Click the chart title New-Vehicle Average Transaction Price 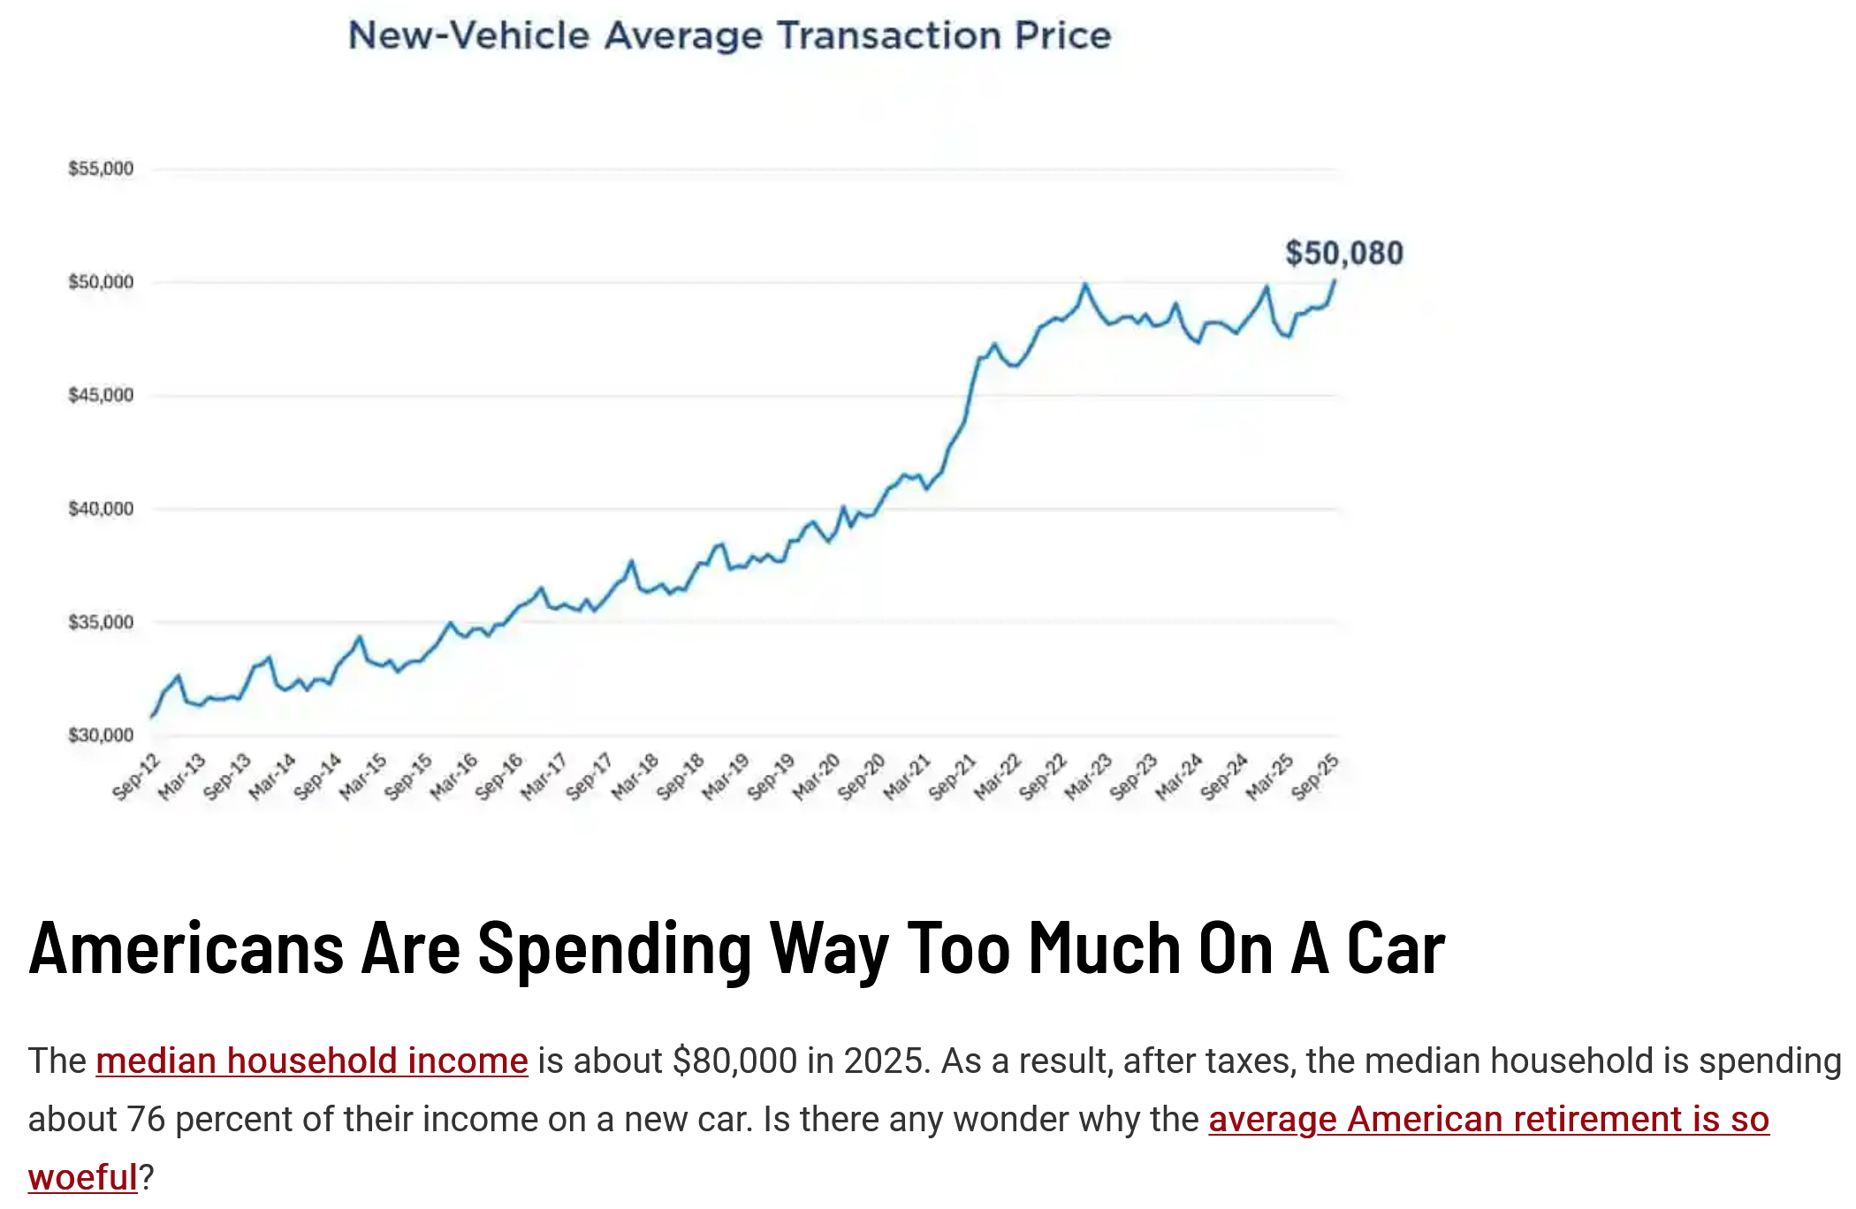click(x=729, y=35)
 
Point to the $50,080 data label click(x=1343, y=254)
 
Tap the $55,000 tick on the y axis click(x=101, y=169)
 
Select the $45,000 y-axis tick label click(x=101, y=395)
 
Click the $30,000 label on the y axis click(x=101, y=735)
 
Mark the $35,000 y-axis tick click(x=101, y=622)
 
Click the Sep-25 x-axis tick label click(x=1315, y=777)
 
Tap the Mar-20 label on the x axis click(x=817, y=777)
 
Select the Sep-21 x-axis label click(x=953, y=777)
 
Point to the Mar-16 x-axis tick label click(x=454, y=777)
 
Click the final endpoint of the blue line click(x=1335, y=281)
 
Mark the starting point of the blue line click(x=152, y=716)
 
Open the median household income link click(x=311, y=1061)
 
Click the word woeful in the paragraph click(x=82, y=1177)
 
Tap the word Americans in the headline click(x=186, y=948)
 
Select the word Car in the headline click(x=1396, y=948)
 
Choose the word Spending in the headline click(x=614, y=948)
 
